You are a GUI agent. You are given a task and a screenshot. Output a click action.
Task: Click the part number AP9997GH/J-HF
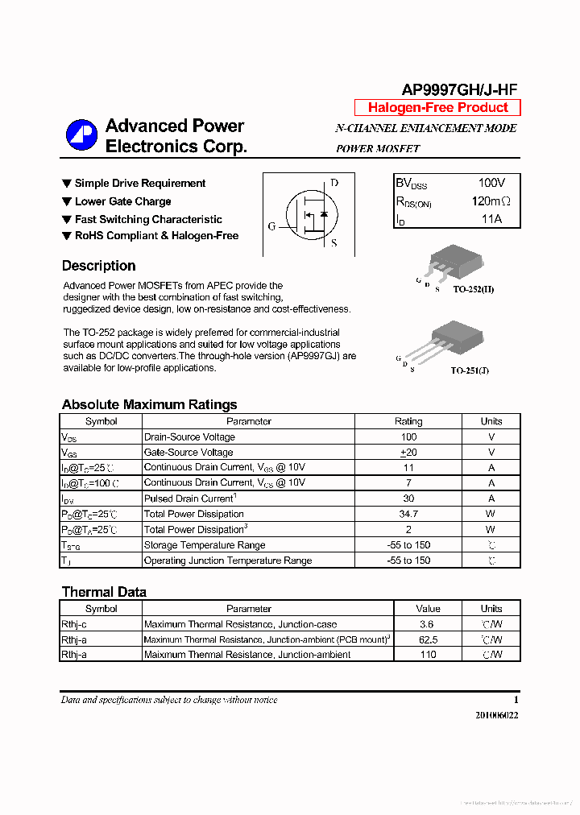[460, 90]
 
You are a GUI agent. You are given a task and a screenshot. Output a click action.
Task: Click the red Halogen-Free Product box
[437, 108]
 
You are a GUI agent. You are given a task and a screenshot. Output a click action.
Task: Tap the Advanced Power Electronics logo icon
[81, 135]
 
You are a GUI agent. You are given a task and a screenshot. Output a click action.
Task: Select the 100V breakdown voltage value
[491, 184]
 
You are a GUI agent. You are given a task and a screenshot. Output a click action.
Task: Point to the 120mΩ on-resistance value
[491, 201]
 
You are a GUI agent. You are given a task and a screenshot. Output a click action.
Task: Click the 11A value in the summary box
[491, 219]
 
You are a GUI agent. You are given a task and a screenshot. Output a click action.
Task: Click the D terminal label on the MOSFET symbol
[334, 184]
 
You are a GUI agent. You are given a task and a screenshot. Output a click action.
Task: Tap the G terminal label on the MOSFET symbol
[271, 226]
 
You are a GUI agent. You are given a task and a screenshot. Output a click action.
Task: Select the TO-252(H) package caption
[473, 289]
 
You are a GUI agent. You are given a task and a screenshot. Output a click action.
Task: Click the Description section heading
[98, 266]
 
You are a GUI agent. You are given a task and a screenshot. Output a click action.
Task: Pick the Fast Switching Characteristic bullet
[148, 219]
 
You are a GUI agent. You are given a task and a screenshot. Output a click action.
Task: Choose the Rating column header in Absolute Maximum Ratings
[408, 421]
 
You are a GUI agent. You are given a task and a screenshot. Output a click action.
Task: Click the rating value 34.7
[408, 514]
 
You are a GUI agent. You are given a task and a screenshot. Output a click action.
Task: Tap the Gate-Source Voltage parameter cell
[188, 453]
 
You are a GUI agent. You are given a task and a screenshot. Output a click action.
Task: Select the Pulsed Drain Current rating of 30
[408, 499]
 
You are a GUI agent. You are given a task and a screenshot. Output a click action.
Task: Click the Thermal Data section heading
[104, 592]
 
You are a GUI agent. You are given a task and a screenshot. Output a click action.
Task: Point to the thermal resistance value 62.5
[428, 639]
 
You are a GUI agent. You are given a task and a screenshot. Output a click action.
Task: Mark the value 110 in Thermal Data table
[428, 655]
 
